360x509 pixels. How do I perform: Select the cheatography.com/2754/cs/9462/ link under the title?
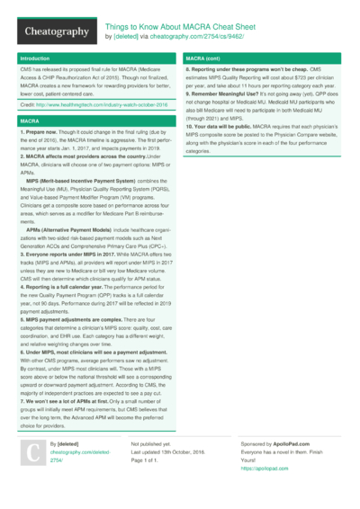(x=194, y=38)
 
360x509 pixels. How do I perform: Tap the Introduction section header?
(x=36, y=58)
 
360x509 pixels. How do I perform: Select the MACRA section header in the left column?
(x=29, y=120)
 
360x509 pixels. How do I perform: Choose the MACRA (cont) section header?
(x=205, y=58)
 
